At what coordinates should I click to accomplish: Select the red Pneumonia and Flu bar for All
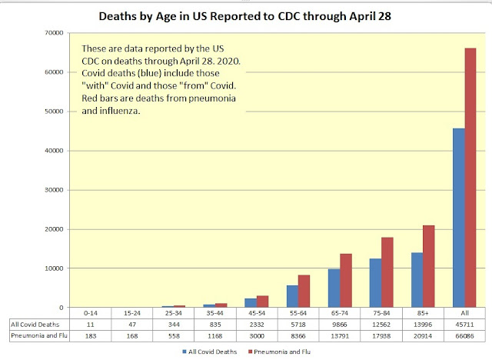[470, 177]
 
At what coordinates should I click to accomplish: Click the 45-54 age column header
[256, 314]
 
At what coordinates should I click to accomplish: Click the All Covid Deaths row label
[36, 325]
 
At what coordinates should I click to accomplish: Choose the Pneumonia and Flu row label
[37, 336]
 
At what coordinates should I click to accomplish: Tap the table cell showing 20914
[422, 336]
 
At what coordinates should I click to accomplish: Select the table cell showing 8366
[298, 336]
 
